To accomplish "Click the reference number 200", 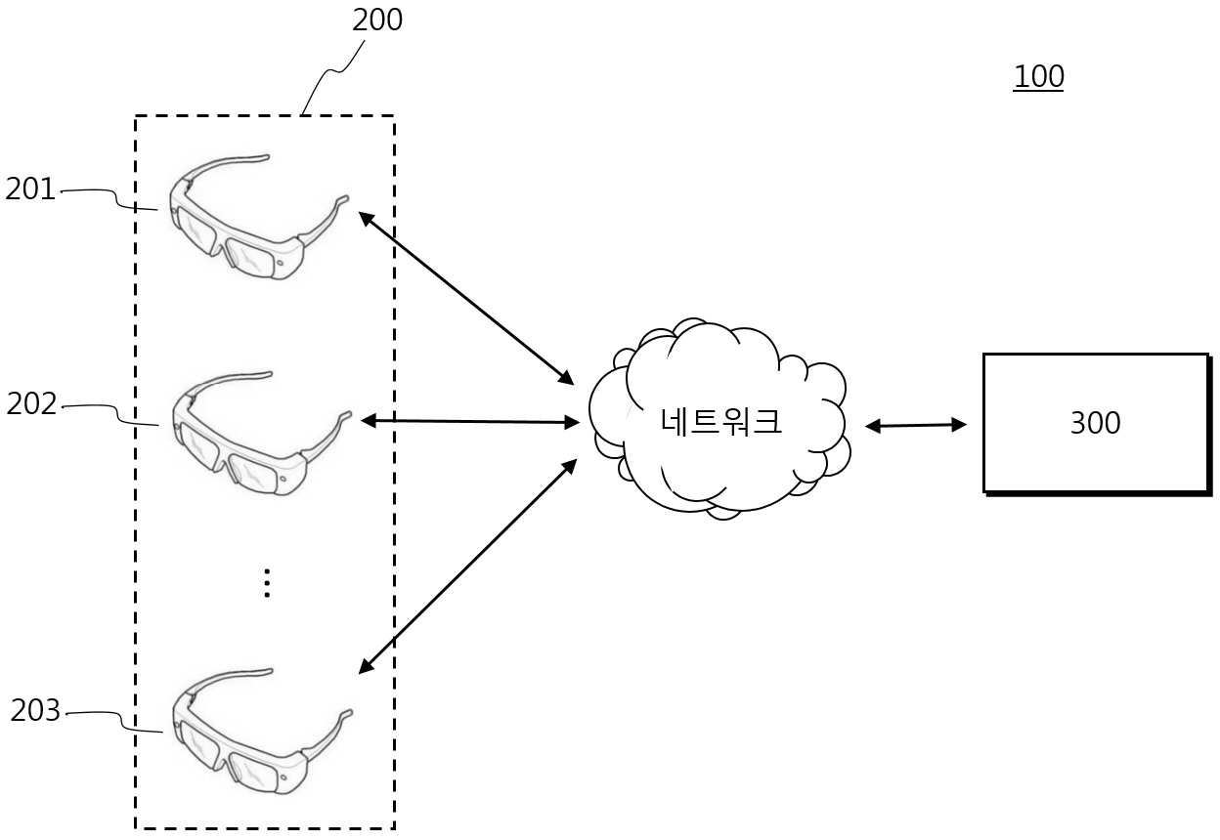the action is click(x=377, y=21).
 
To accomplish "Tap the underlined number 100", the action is click(x=1038, y=77).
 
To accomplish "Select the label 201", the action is click(x=30, y=189).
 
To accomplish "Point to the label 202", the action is click(x=31, y=404).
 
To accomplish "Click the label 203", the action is click(x=35, y=710).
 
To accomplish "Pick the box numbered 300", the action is click(x=1096, y=423).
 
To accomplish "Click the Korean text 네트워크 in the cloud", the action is click(x=720, y=421).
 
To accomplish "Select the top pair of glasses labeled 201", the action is click(x=259, y=218).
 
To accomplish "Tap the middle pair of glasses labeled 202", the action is click(x=261, y=434).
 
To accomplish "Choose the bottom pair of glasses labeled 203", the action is click(x=263, y=732).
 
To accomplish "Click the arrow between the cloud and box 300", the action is click(x=916, y=426).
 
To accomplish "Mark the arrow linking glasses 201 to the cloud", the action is click(x=466, y=299).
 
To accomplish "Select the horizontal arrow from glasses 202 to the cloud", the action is click(x=470, y=421).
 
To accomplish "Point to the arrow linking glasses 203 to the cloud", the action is click(x=467, y=567).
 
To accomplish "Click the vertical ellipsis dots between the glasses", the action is click(x=267, y=583).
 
